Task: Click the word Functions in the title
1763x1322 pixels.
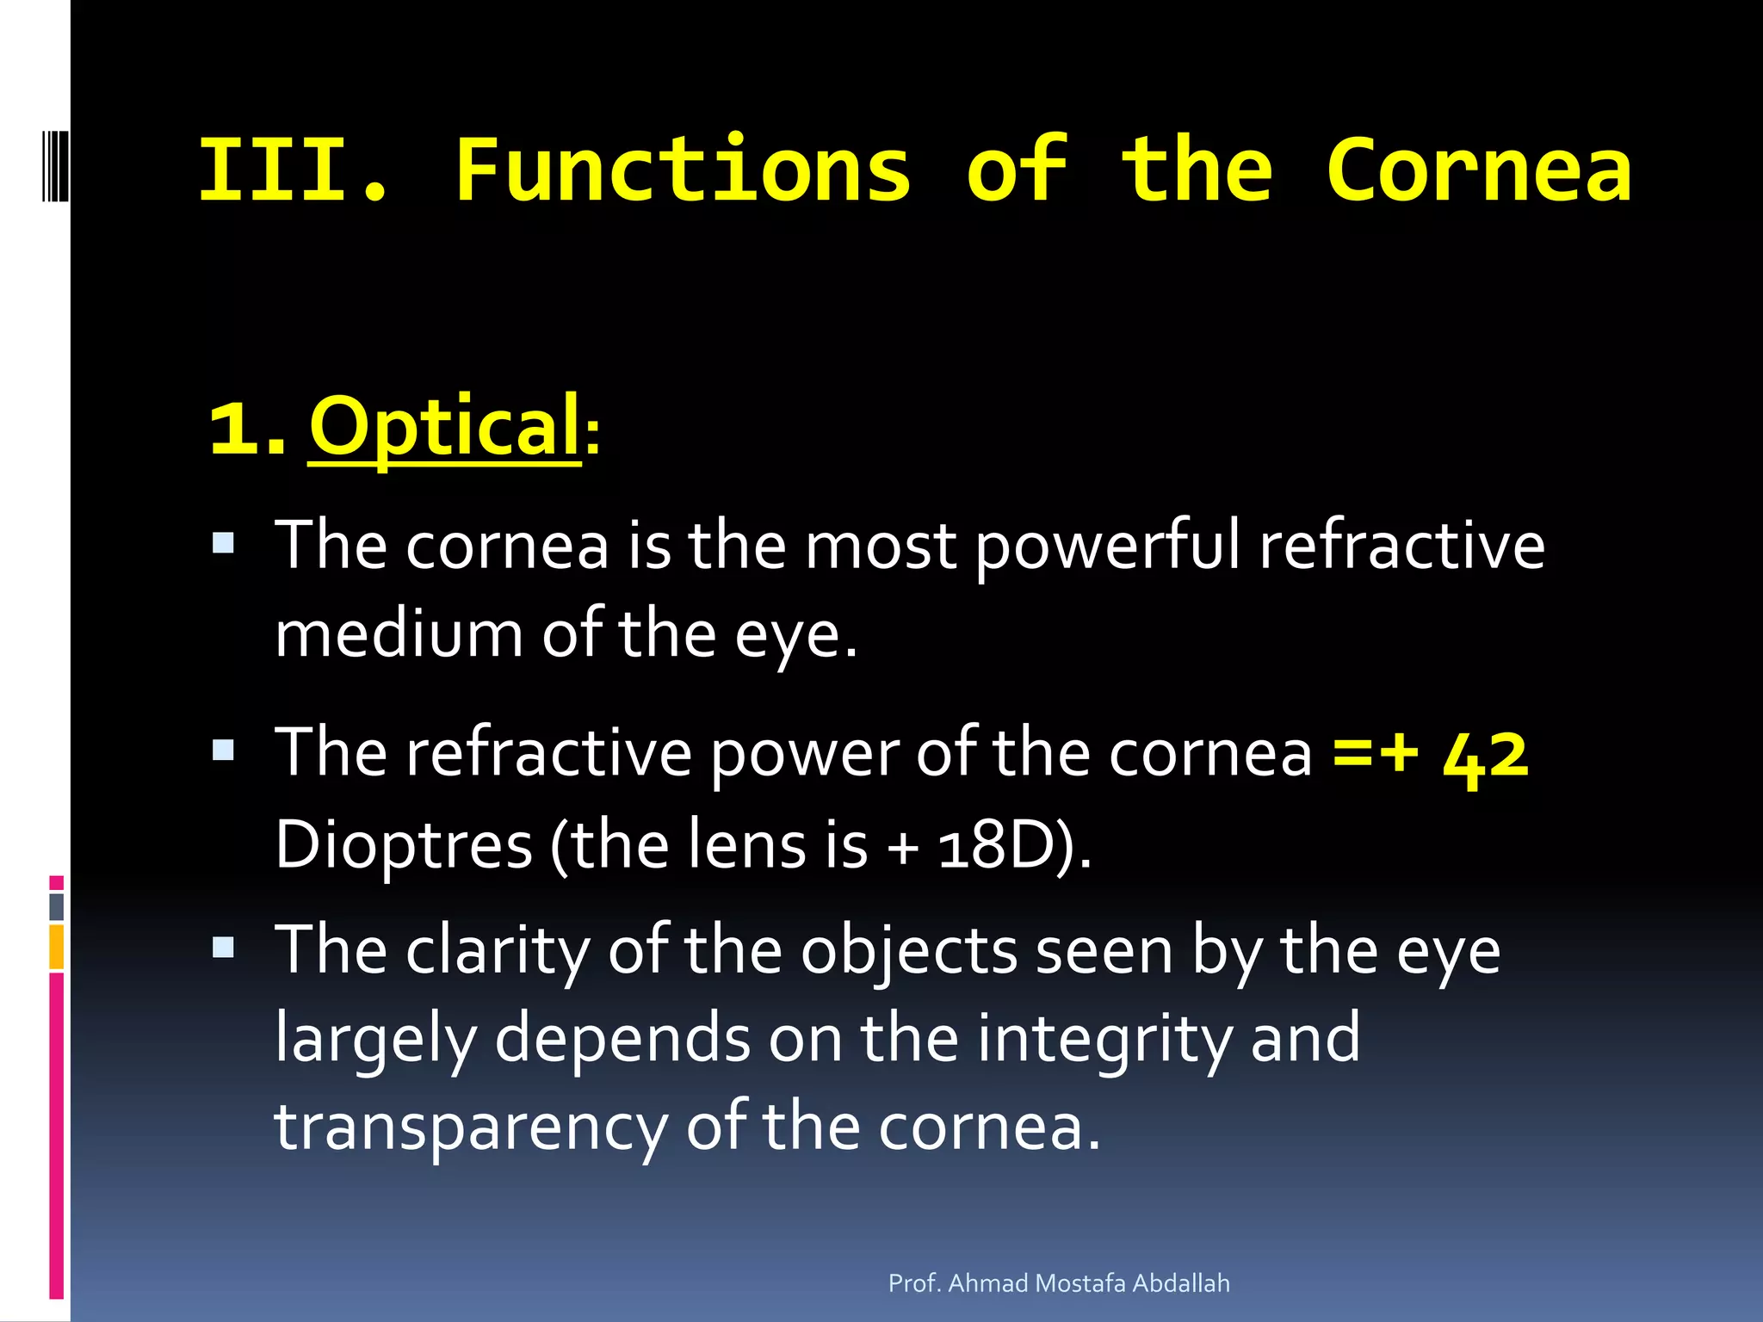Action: coord(683,170)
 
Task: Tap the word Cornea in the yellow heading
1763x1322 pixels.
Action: coord(1478,170)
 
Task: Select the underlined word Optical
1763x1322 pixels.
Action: coord(444,426)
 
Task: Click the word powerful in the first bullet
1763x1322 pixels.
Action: coord(1109,547)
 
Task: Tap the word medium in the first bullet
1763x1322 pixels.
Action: coord(399,634)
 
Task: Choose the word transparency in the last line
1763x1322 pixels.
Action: coord(470,1127)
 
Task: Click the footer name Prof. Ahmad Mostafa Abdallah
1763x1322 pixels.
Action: coord(1058,1283)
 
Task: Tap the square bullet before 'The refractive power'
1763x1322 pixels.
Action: coord(223,751)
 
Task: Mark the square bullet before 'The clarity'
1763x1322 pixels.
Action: coord(223,948)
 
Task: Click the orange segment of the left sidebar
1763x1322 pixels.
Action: coord(56,947)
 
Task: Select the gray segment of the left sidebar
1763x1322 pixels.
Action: coord(56,907)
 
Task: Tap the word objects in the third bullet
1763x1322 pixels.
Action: coord(909,952)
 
